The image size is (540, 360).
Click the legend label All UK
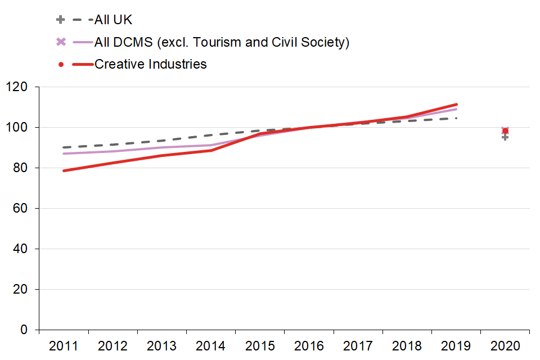113,20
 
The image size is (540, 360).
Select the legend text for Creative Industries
150,64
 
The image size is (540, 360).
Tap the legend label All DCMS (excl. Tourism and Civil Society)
222,42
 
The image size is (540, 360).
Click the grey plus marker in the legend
61,20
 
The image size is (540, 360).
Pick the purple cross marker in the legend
61,42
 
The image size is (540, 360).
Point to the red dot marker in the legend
61,64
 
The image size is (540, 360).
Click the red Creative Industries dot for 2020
505,131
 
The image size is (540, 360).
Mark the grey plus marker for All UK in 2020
505,137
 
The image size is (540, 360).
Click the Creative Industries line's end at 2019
457,104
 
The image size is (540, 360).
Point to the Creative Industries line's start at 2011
64,171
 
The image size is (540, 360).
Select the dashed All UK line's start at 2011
64,147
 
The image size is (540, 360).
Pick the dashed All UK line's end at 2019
457,118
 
